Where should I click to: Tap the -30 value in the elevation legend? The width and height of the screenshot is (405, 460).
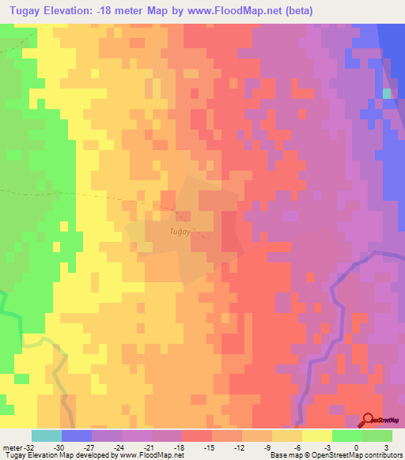[59, 447]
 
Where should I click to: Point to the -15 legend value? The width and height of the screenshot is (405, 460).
[209, 447]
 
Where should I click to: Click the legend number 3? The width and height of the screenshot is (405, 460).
[385, 447]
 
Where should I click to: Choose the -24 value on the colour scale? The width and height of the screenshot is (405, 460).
[119, 447]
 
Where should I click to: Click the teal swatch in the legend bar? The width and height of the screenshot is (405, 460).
[47, 435]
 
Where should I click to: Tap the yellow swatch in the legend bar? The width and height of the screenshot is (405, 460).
[316, 435]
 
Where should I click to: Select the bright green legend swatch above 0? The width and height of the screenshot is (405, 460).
[346, 435]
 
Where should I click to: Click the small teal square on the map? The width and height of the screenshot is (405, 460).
[387, 93]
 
